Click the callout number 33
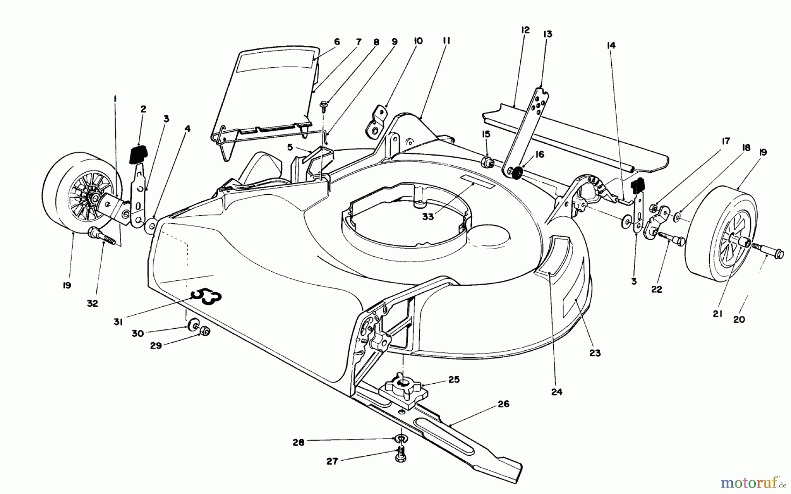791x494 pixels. pos(428,217)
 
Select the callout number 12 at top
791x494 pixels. pos(525,30)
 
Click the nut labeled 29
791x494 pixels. pos(204,331)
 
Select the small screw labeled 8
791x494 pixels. pos(323,104)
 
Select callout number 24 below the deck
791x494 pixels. pos(557,392)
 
